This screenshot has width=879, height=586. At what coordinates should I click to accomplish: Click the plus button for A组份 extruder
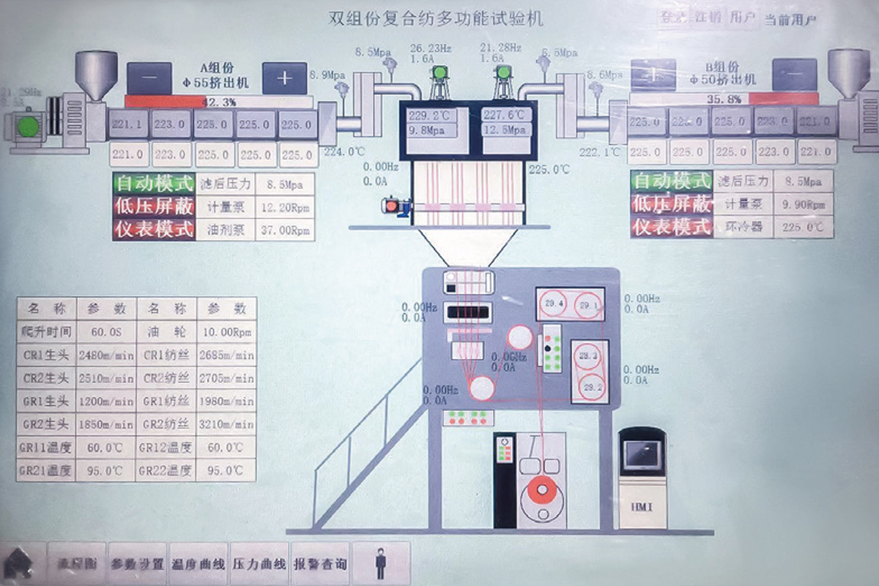click(x=284, y=78)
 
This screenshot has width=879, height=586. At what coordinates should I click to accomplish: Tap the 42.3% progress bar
click(x=218, y=102)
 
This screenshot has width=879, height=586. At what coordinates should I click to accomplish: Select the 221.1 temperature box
click(x=128, y=125)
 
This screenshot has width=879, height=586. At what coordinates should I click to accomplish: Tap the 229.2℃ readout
click(x=432, y=116)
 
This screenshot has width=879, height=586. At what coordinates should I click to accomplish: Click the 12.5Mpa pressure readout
click(x=506, y=130)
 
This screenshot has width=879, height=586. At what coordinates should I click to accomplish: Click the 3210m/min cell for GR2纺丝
click(x=226, y=424)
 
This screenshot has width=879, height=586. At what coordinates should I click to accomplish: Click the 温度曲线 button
click(x=198, y=564)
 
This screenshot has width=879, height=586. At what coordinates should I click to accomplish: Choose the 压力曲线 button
click(x=259, y=564)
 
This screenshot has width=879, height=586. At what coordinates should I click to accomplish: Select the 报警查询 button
click(x=320, y=564)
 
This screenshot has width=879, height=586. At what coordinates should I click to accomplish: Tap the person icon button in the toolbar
click(x=381, y=564)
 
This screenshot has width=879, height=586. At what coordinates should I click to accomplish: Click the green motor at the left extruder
click(x=28, y=127)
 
